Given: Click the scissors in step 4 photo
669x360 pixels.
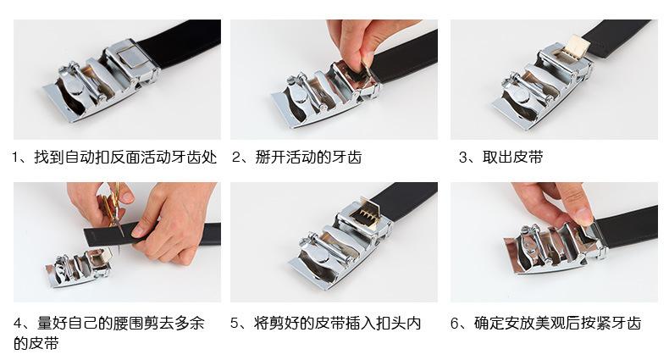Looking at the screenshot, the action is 113,209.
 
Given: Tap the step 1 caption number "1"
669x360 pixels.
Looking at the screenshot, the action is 15,158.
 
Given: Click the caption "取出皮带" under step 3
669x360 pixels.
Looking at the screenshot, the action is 512,158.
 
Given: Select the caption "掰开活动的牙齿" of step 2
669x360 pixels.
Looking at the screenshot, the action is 308,158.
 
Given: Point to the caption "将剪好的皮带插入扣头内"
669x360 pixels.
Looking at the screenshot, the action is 338,323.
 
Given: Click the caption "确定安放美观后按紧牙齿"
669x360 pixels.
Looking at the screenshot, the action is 558,323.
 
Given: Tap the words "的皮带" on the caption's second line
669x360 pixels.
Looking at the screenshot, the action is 36,343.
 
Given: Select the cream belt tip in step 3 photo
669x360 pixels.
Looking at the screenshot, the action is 577,48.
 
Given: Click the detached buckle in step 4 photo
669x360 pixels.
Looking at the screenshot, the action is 80,268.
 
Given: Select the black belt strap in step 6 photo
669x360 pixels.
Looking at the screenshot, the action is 628,227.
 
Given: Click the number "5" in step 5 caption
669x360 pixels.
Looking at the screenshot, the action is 235,323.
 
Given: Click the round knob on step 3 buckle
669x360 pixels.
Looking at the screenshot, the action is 522,97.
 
